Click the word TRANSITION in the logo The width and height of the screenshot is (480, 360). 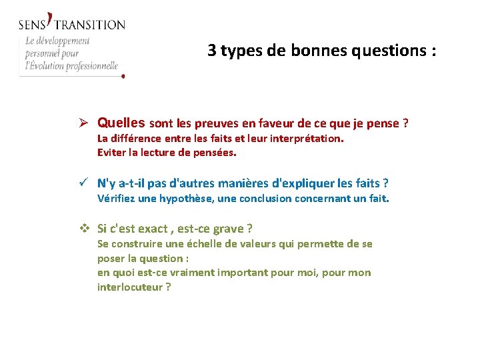click(89, 25)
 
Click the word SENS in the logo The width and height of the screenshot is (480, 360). click(31, 25)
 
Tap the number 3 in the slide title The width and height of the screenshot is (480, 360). click(211, 51)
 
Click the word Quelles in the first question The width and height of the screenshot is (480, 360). click(121, 123)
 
